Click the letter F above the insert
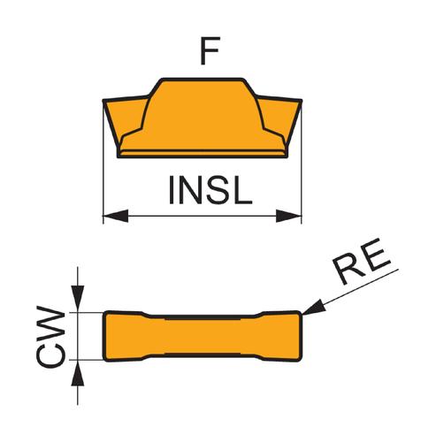point(210,51)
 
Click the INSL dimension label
point(210,190)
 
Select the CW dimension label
point(50,337)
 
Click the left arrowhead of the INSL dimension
point(116,216)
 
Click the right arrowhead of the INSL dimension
point(288,216)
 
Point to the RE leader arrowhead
point(314,308)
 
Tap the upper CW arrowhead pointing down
point(78,299)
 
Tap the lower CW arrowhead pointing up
point(78,373)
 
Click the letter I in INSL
point(172,190)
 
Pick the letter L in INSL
point(243,190)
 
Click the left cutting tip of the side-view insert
point(103,101)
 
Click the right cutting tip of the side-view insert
point(301,101)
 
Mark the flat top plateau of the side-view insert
point(203,79)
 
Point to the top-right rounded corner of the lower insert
point(299,314)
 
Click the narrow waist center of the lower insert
point(203,336)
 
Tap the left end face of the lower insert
point(103,336)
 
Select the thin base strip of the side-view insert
point(203,154)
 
